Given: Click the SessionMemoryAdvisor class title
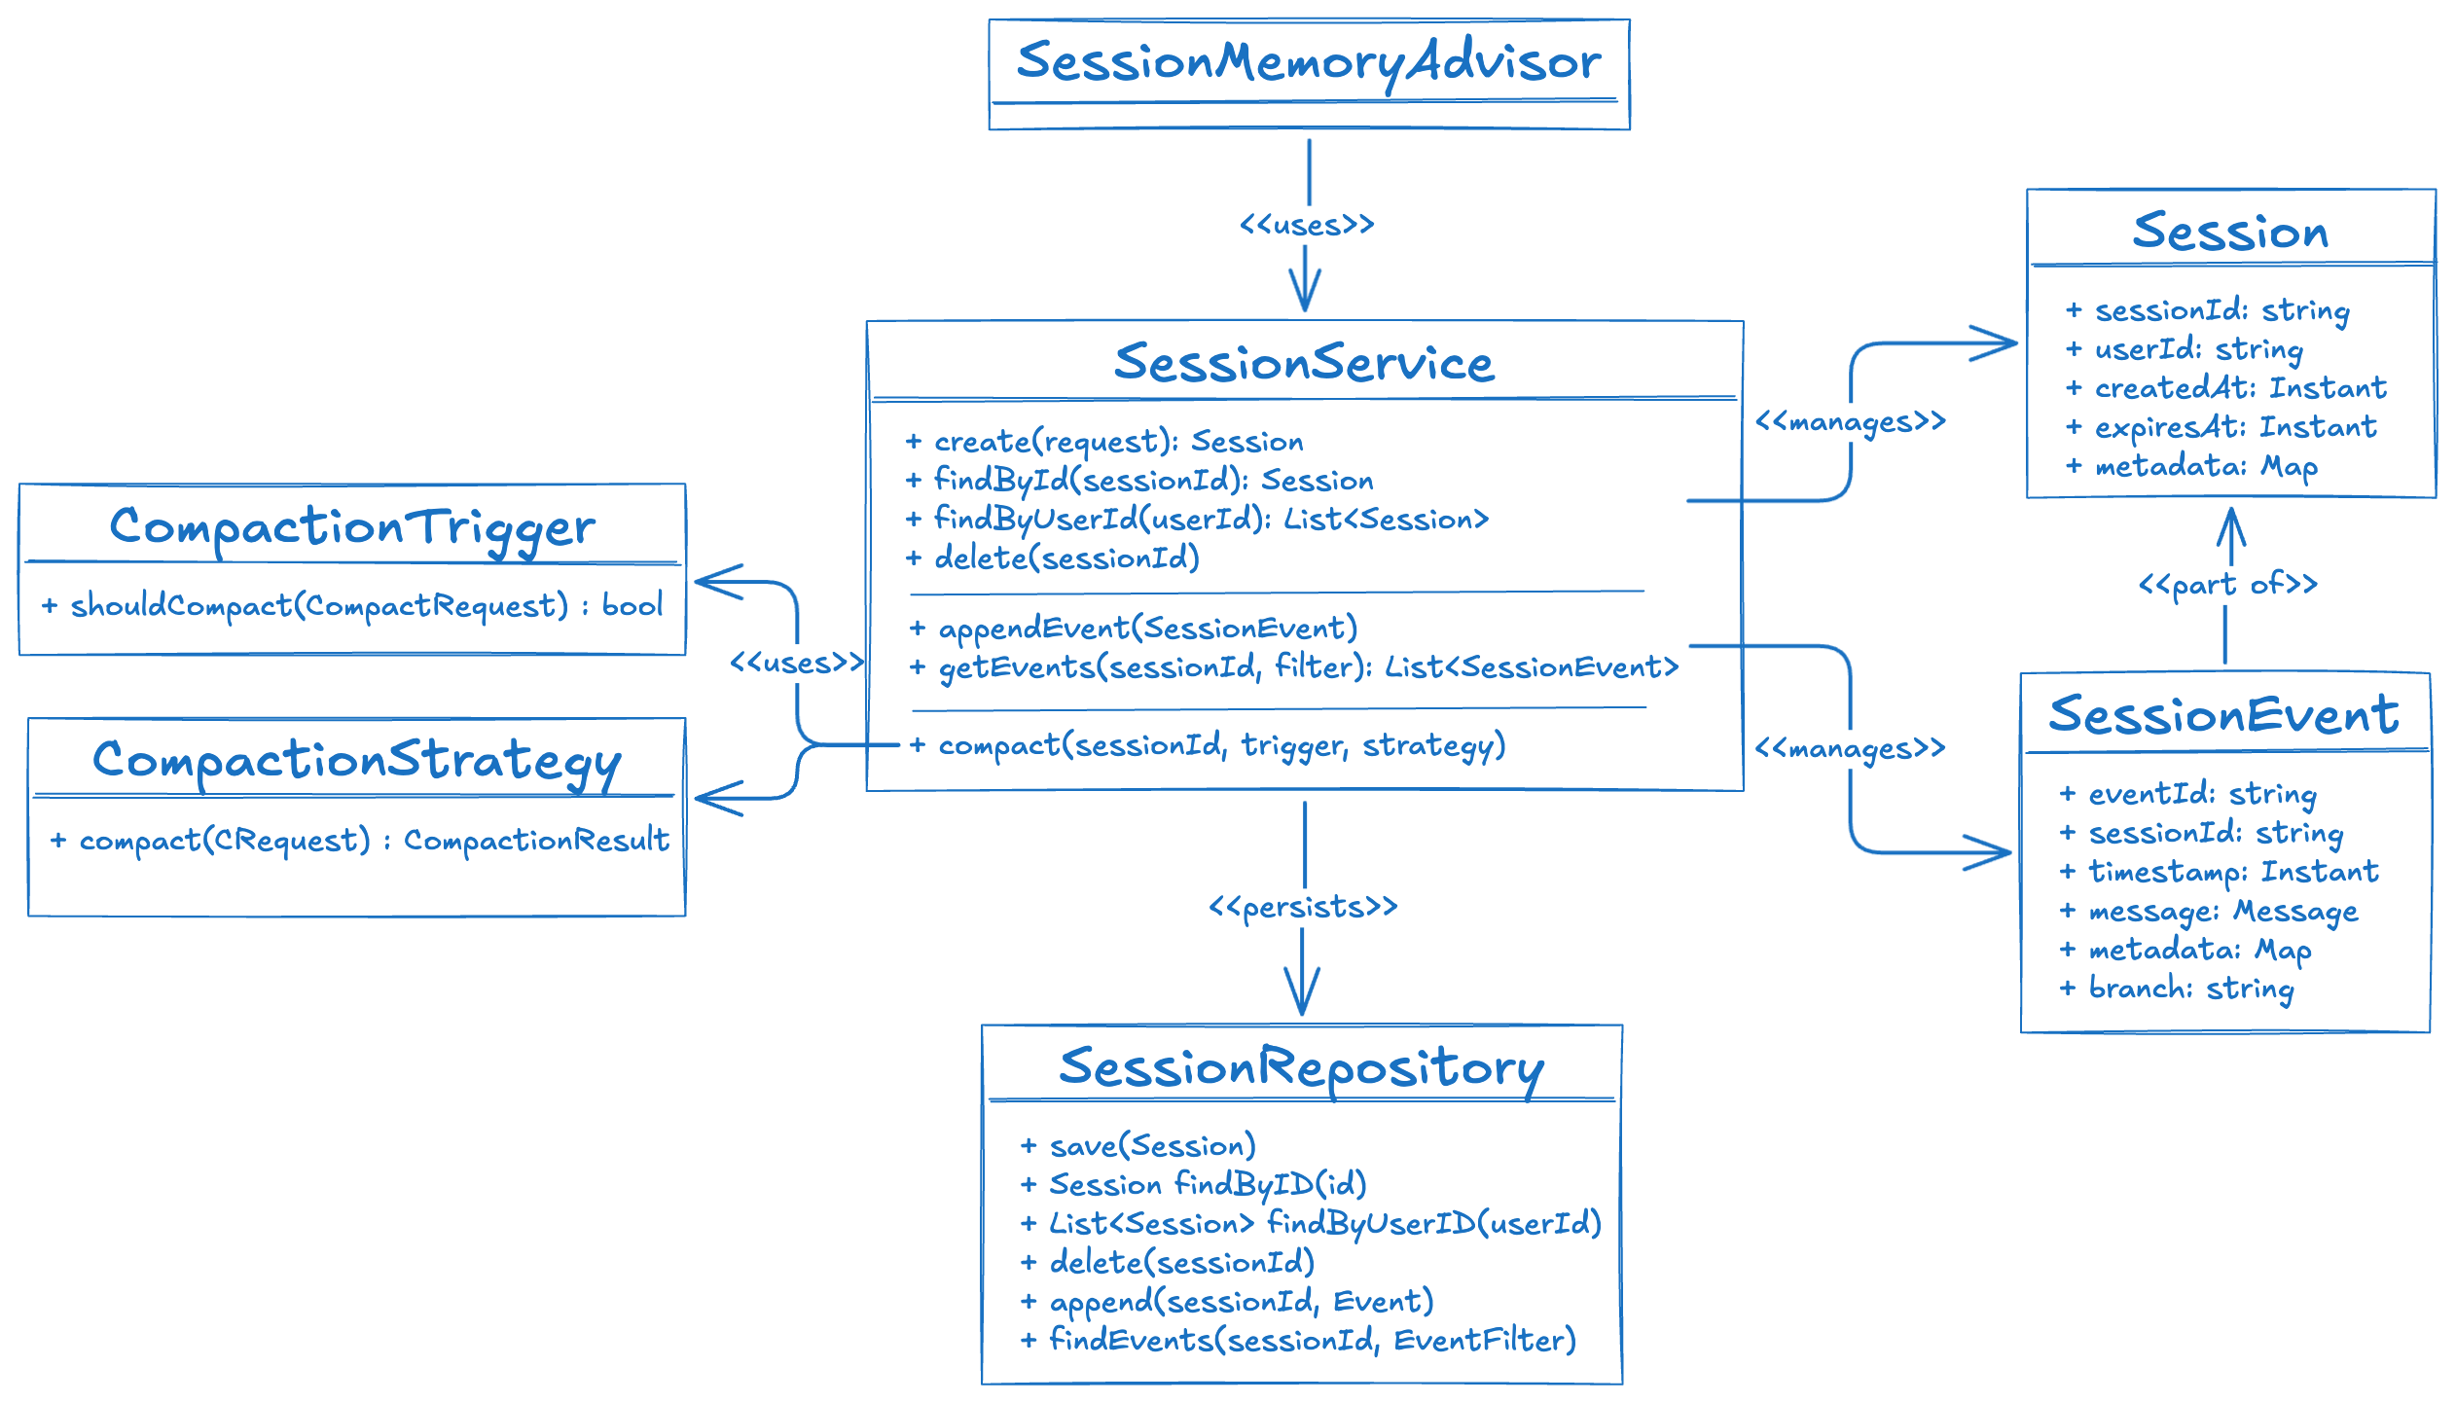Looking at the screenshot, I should click(1309, 62).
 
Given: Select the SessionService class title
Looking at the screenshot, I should click(1304, 363).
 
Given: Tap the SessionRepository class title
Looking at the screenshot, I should click(1301, 1067).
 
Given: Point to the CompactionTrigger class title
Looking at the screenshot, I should click(351, 527).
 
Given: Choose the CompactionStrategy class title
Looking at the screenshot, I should click(356, 761).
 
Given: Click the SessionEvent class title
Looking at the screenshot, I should click(2224, 715).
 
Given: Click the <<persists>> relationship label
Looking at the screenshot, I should click(1303, 907).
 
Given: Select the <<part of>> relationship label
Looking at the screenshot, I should click(2227, 584).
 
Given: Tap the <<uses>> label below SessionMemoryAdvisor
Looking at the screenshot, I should click(1306, 225).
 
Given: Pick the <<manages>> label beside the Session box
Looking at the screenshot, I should click(1850, 421).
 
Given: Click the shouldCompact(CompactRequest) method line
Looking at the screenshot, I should click(352, 605).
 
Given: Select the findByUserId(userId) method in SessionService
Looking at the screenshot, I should click(1210, 520).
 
